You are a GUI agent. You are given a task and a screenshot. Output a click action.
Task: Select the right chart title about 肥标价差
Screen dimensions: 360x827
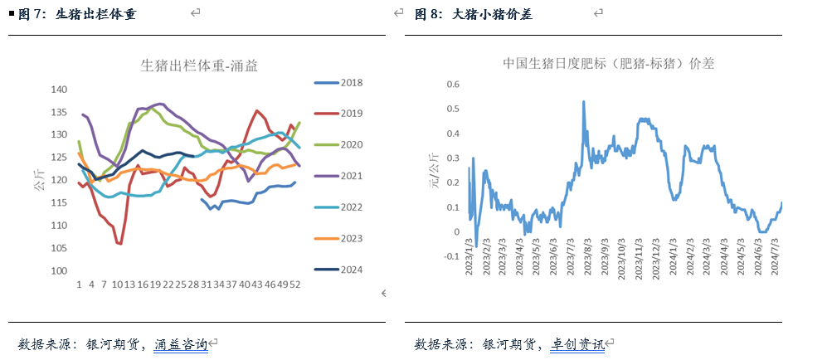[x=609, y=63]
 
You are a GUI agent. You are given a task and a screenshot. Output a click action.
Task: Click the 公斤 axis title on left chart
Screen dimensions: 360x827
[x=39, y=181]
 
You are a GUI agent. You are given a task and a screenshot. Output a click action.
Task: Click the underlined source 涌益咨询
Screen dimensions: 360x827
[x=181, y=343]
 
